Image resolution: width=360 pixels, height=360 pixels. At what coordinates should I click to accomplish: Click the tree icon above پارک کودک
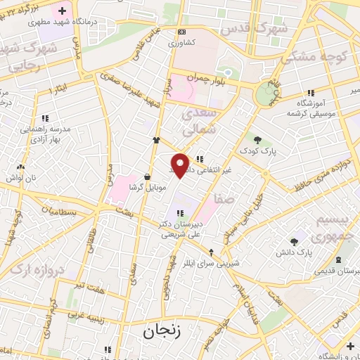click(257, 139)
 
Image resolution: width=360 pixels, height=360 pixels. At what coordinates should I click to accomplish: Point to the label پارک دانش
click(304, 251)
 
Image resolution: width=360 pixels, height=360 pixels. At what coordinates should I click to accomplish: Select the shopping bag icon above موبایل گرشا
click(147, 176)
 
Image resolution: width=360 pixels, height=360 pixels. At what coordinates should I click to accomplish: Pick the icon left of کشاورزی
click(181, 32)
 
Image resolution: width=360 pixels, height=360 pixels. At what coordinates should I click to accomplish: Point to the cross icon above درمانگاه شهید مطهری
click(63, 11)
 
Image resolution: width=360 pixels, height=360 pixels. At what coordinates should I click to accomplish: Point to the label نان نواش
click(21, 179)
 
